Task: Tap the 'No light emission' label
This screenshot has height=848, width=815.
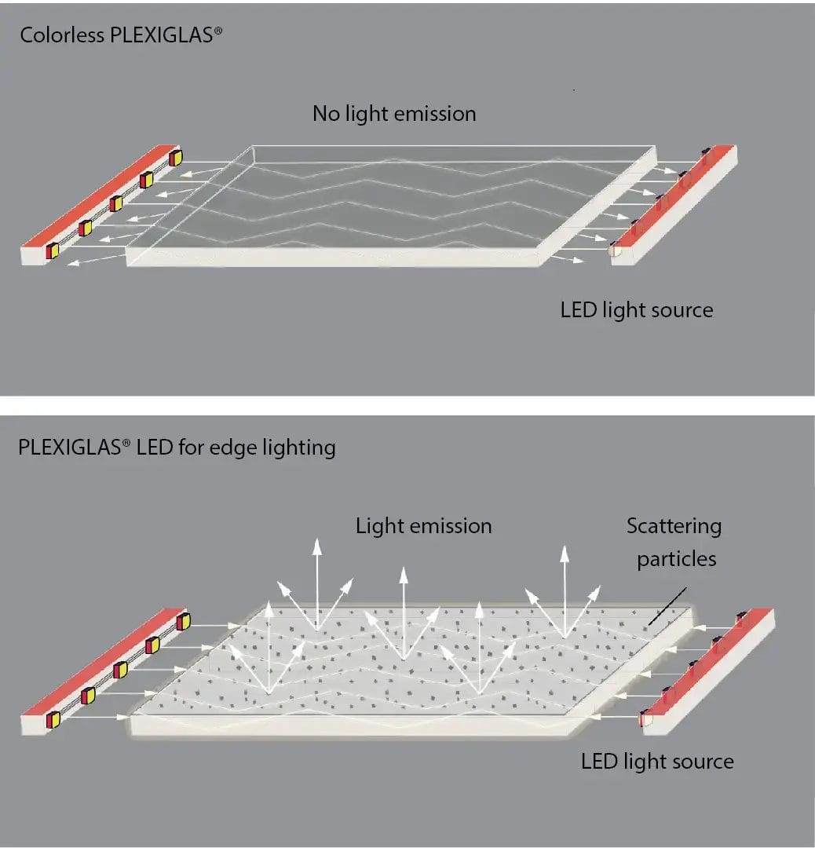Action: (394, 114)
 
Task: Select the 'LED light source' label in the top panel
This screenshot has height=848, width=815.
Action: (637, 309)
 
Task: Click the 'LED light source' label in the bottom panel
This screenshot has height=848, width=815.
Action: (657, 761)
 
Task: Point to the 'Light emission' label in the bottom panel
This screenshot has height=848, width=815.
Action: (424, 525)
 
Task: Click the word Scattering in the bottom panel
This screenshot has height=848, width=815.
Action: (674, 525)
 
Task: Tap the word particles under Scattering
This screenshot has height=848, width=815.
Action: (676, 559)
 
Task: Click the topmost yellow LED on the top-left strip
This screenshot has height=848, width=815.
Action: (175, 157)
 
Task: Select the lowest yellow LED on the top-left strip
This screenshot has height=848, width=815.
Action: (53, 250)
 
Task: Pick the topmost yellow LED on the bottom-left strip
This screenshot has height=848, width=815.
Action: (183, 621)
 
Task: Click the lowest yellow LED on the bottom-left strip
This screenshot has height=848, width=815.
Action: (54, 718)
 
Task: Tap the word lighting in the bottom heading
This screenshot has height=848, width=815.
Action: (302, 448)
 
